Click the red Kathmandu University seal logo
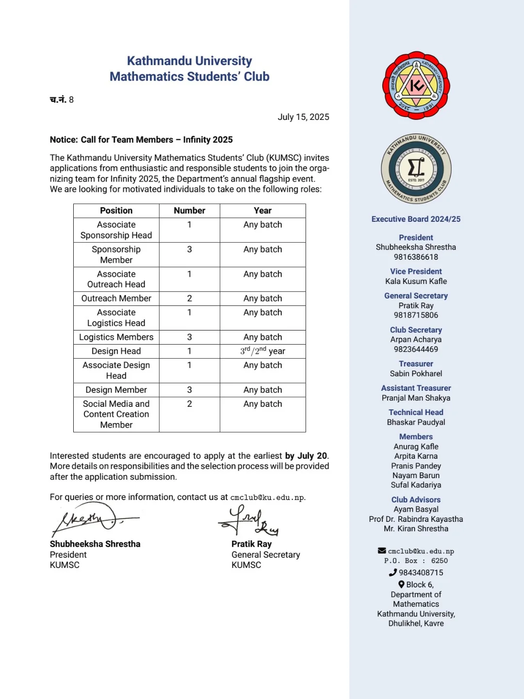pyautogui.click(x=416, y=85)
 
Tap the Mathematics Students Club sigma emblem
pyautogui.click(x=416, y=169)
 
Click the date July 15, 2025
pyautogui.click(x=303, y=117)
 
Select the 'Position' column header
pyautogui.click(x=116, y=211)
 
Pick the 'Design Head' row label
pyautogui.click(x=116, y=351)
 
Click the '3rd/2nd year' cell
pyautogui.click(x=262, y=351)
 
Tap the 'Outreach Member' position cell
pyautogui.click(x=116, y=299)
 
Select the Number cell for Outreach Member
pyautogui.click(x=189, y=299)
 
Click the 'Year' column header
pyautogui.click(x=262, y=211)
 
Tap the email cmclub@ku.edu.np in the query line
pyautogui.click(x=267, y=498)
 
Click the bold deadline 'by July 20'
pyautogui.click(x=306, y=456)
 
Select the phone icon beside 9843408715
pyautogui.click(x=393, y=573)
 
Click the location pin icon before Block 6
pyautogui.click(x=401, y=584)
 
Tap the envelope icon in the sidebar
pyautogui.click(x=382, y=551)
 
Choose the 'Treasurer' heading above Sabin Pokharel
pyautogui.click(x=416, y=364)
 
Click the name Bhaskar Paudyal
pyautogui.click(x=416, y=422)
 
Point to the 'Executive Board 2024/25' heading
pyautogui.click(x=416, y=219)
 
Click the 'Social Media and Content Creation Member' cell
pyautogui.click(x=116, y=414)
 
